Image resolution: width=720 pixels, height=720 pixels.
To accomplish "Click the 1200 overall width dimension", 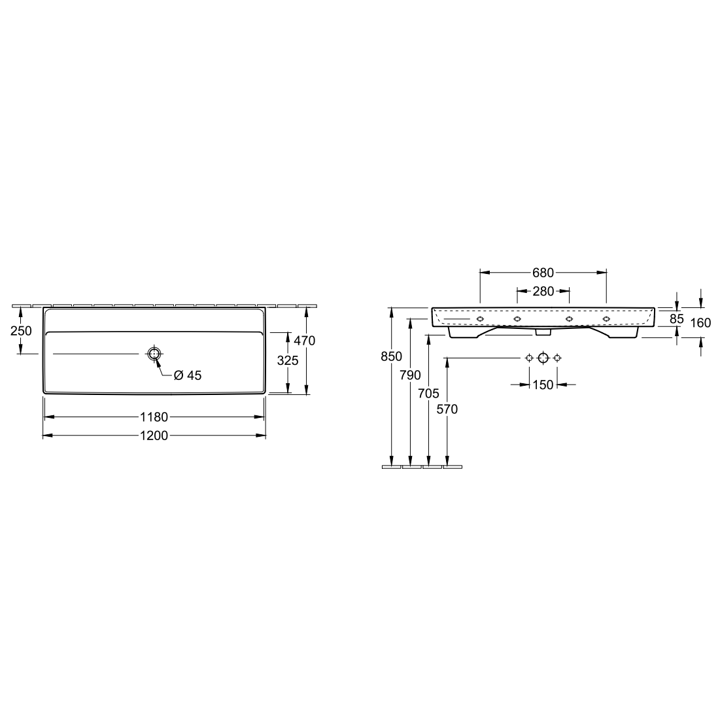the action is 154,436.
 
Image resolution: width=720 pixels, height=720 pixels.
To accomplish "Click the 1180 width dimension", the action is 154,417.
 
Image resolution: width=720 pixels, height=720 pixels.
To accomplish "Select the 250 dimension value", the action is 21,331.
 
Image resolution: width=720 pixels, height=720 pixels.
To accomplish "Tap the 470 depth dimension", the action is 305,341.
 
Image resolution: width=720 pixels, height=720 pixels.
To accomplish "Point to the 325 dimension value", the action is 288,360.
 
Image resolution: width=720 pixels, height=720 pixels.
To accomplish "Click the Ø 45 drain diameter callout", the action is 188,375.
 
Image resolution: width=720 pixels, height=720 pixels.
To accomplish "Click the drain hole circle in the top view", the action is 154,354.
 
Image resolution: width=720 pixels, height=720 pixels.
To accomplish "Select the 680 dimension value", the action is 543,273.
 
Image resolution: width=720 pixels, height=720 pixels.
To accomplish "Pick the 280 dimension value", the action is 543,291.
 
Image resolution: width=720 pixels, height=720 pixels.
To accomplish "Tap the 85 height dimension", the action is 676,318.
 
